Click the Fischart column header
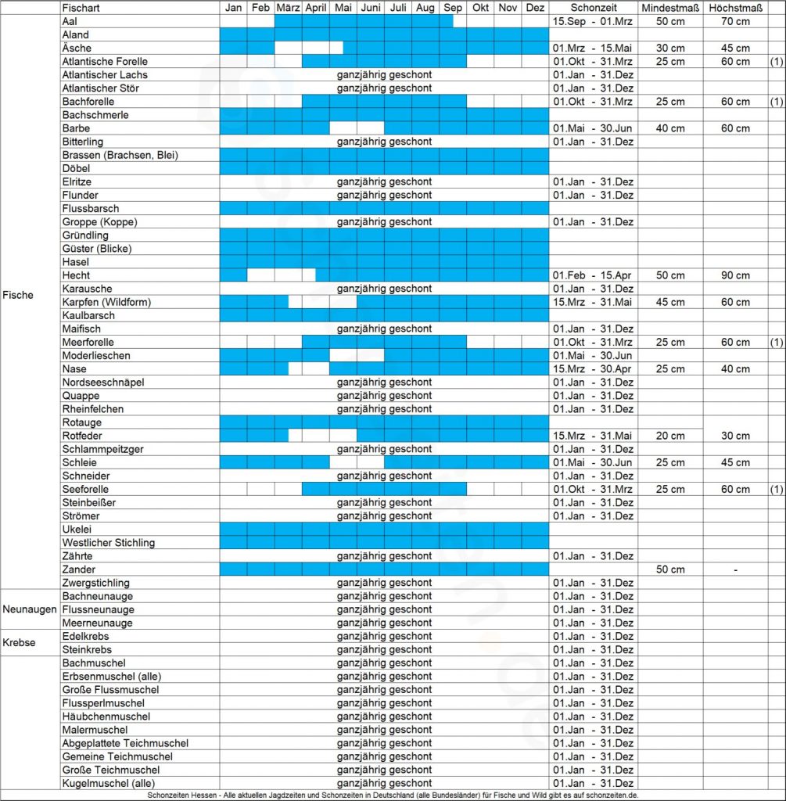(80, 8)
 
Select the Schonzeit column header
(592, 8)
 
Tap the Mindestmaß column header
(670, 8)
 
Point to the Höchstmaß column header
(735, 8)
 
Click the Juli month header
(397, 8)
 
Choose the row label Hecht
(76, 275)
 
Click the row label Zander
(78, 569)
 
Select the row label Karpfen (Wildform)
(106, 302)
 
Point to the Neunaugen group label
(30, 609)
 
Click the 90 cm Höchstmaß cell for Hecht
(735, 275)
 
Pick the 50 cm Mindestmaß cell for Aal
(670, 21)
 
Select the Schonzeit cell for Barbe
(592, 128)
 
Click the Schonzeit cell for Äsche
(592, 48)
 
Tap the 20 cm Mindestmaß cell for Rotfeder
(670, 436)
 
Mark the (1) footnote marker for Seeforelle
(776, 490)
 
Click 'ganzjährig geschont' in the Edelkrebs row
(384, 637)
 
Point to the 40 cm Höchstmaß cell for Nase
(735, 369)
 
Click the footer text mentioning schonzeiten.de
(393, 795)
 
